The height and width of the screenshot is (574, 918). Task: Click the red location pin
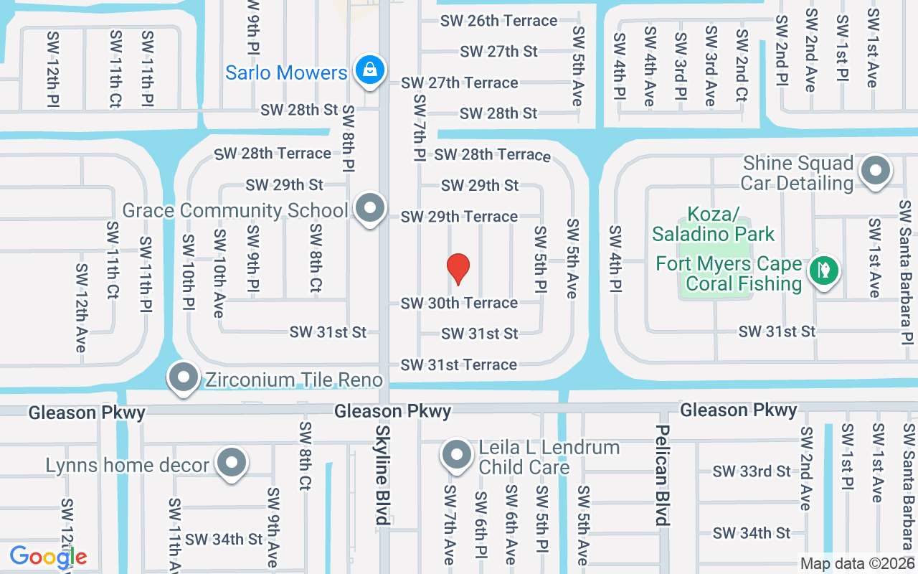pyautogui.click(x=458, y=268)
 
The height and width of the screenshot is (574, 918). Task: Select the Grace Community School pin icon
pyautogui.click(x=369, y=208)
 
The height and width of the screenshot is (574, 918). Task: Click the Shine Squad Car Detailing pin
pyautogui.click(x=875, y=171)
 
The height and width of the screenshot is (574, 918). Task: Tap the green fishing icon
pyautogui.click(x=824, y=270)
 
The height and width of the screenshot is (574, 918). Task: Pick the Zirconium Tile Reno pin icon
pyautogui.click(x=184, y=377)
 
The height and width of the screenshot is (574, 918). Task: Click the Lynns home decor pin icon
pyautogui.click(x=231, y=464)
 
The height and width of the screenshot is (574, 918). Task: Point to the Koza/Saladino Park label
pyautogui.click(x=713, y=224)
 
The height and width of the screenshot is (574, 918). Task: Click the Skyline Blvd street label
pyautogui.click(x=383, y=473)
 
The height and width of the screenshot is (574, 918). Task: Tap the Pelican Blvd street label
pyautogui.click(x=662, y=474)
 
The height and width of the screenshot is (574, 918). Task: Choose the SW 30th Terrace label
pyautogui.click(x=459, y=304)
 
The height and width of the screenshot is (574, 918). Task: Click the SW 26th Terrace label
pyautogui.click(x=499, y=21)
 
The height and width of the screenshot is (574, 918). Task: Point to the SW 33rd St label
pyautogui.click(x=752, y=471)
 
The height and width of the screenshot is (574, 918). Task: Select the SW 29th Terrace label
pyautogui.click(x=459, y=217)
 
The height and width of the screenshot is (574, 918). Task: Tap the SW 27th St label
pyautogui.click(x=498, y=52)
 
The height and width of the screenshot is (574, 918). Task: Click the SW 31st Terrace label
pyautogui.click(x=459, y=365)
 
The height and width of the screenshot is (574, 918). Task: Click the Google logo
pyautogui.click(x=48, y=557)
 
